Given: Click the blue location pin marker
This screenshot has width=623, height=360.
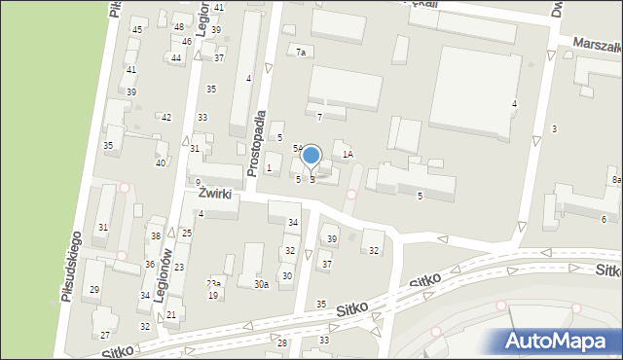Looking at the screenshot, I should click(311, 157).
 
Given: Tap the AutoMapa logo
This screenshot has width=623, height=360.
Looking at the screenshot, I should click(558, 341).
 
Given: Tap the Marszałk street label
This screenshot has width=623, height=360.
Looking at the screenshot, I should click(597, 45).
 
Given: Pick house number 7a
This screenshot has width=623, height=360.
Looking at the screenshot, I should click(301, 52).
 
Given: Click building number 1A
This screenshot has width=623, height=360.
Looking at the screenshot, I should click(347, 154).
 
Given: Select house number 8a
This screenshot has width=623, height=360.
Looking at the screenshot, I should click(616, 180).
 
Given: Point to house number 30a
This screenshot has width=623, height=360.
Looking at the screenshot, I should click(261, 284).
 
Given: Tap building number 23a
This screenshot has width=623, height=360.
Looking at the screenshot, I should click(213, 283).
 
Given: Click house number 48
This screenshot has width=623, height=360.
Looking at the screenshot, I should click(178, 26).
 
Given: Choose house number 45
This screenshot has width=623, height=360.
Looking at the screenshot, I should click(137, 30).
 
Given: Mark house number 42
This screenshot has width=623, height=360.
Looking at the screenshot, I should click(166, 117).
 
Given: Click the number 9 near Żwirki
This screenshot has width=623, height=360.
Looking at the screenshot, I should click(197, 182).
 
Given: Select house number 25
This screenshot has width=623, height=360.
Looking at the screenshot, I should click(186, 234).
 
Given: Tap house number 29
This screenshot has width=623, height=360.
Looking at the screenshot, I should click(94, 290).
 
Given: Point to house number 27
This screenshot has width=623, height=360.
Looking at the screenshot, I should click(105, 335).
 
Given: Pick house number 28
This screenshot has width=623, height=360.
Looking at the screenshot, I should click(282, 342).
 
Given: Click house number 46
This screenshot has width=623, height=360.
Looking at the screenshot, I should click(186, 42).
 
